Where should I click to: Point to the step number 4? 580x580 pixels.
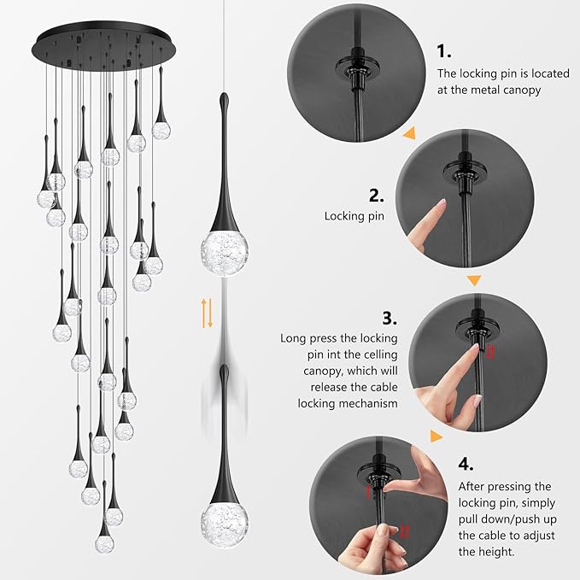pyautogui.click(x=466, y=465)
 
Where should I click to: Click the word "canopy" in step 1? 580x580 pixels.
pyautogui.click(x=518, y=91)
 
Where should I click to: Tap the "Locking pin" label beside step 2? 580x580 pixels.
pyautogui.click(x=354, y=217)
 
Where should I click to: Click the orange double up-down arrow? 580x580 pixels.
pyautogui.click(x=207, y=313)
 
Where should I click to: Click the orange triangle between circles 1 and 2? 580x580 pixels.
pyautogui.click(x=409, y=133)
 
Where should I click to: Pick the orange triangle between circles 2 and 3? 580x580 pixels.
pyautogui.click(x=475, y=280)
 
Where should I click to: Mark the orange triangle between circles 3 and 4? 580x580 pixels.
pyautogui.click(x=436, y=436)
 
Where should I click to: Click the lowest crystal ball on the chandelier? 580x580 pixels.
pyautogui.click(x=104, y=543)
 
